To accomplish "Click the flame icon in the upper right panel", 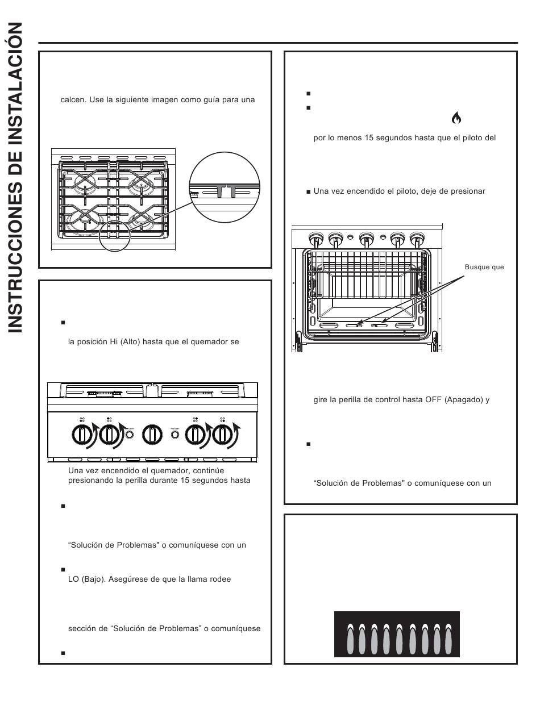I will click(456, 118).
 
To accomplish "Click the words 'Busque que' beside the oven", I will click(484, 267).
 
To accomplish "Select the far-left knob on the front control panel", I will click(81, 436).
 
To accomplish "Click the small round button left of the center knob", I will click(130, 435).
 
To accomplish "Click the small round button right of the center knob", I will click(175, 435).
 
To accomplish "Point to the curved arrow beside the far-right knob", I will click(238, 432).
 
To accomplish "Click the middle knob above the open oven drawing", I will click(367, 239).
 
